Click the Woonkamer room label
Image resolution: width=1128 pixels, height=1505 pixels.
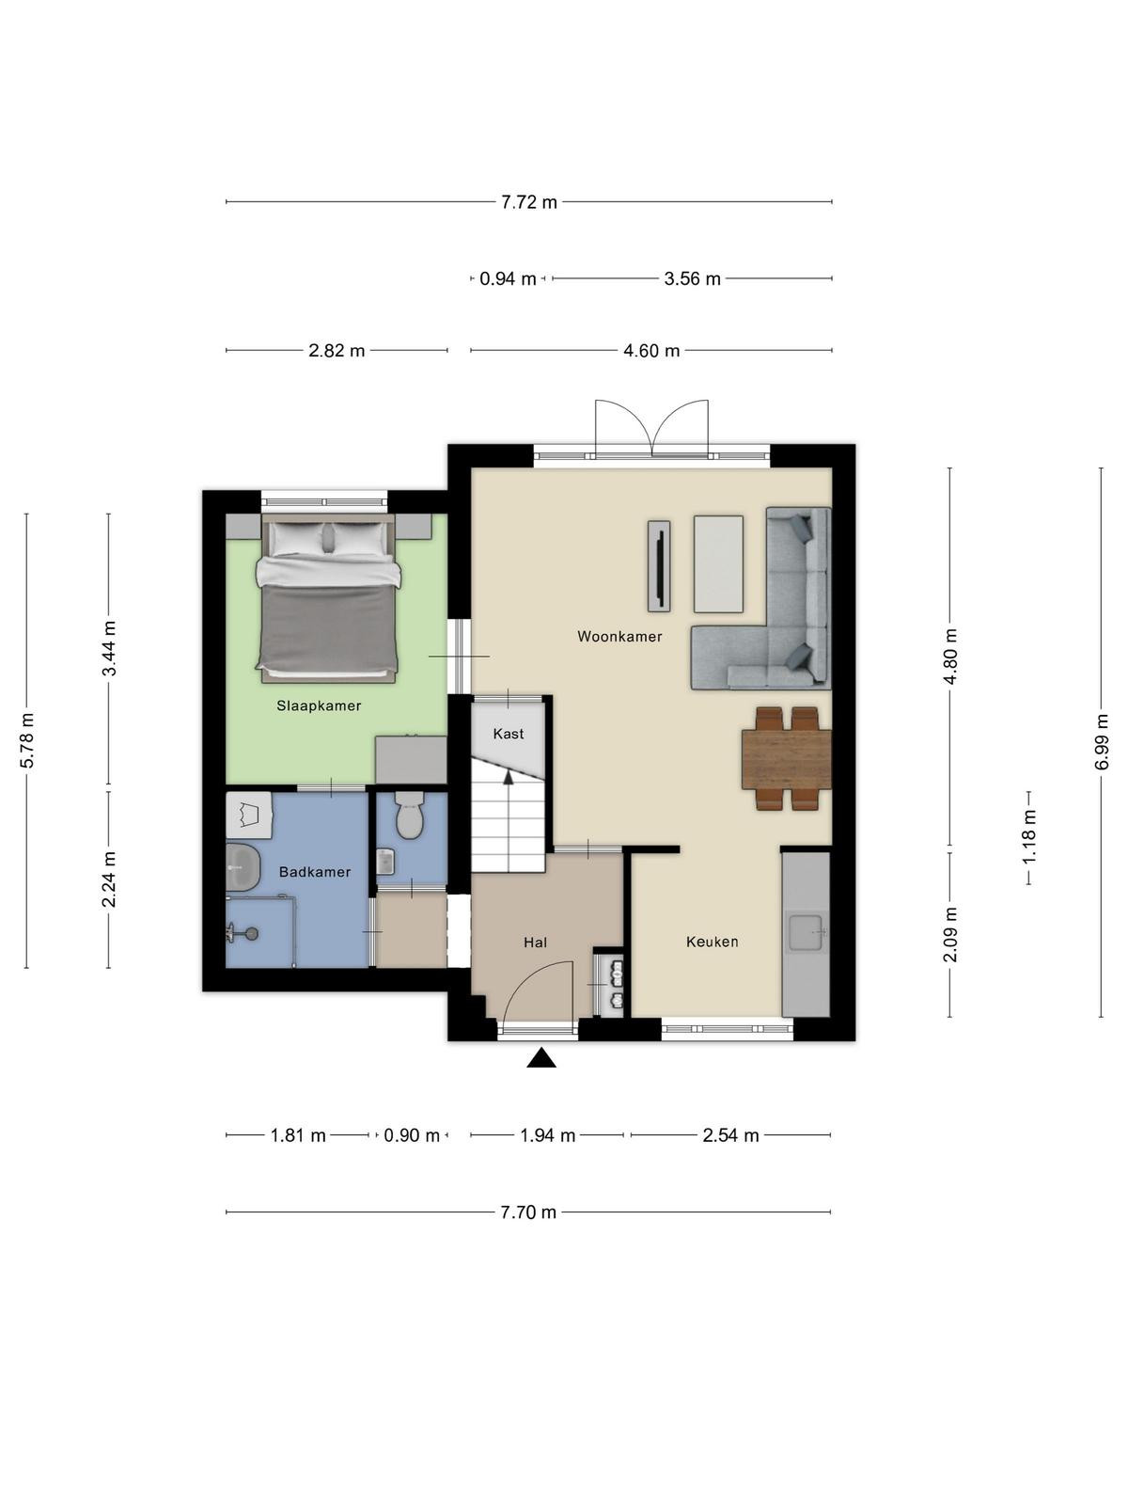tap(619, 636)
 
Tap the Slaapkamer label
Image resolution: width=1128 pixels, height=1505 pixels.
tap(319, 705)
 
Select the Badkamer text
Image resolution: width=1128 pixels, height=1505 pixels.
tap(314, 872)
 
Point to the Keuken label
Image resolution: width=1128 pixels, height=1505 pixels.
tap(713, 943)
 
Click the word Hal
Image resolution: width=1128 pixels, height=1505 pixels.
tap(535, 943)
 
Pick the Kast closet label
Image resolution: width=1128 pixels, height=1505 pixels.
tap(509, 734)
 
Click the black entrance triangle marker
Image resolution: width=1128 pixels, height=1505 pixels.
tap(541, 1058)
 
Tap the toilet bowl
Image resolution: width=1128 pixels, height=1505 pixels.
tap(410, 816)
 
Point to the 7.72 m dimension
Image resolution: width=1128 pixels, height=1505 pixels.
tap(528, 202)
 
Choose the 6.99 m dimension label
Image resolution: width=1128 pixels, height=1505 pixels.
tap(1102, 741)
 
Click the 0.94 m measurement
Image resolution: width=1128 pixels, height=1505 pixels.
tap(508, 279)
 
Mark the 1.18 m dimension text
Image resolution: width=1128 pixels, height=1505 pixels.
tap(1028, 837)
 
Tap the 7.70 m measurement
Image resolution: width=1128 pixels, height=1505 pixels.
tap(528, 1212)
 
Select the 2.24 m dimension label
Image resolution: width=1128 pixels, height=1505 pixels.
tap(109, 879)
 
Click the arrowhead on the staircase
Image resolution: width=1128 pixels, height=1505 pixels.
tap(509, 777)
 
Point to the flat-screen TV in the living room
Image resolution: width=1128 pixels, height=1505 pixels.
tap(659, 565)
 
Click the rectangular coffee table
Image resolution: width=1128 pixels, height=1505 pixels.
tap(718, 563)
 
